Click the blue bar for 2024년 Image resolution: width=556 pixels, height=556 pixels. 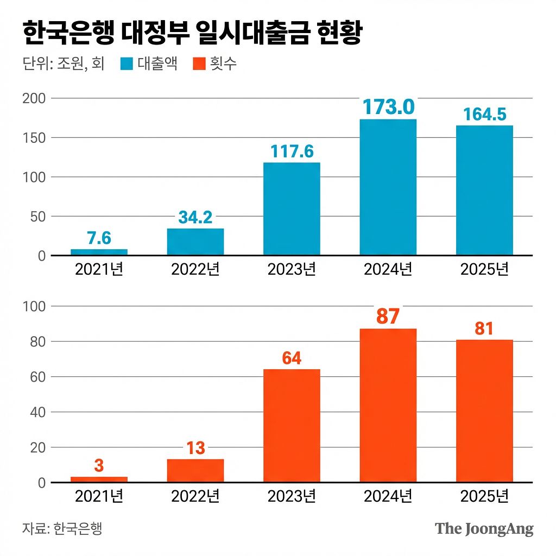click(388, 187)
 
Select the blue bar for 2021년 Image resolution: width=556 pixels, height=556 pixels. click(99, 252)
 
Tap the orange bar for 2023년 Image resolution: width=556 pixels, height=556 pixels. click(292, 426)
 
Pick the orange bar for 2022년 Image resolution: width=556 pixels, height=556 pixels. click(195, 471)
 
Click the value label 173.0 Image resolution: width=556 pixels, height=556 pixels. click(388, 107)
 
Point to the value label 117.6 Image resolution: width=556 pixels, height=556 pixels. click(292, 151)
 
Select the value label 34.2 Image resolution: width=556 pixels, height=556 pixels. click(195, 218)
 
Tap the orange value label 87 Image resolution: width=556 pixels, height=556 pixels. click(388, 317)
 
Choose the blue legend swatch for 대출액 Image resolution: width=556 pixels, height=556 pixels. click(126, 65)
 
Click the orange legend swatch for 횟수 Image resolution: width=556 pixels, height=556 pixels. click(199, 65)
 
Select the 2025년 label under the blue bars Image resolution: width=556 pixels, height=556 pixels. click(484, 269)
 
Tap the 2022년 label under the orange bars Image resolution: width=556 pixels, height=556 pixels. click(195, 496)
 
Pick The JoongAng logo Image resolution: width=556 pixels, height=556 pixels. click(484, 529)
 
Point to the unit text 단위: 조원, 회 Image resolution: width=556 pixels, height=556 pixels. click(64, 65)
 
